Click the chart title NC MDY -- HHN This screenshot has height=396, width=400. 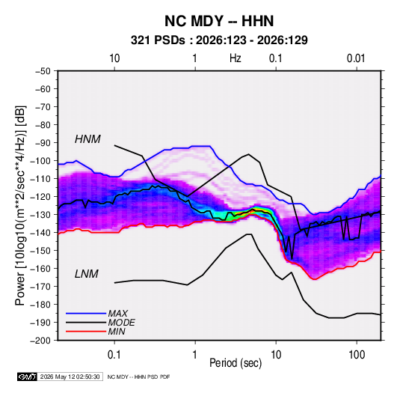click(x=219, y=21)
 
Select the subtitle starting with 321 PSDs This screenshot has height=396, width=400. click(x=219, y=40)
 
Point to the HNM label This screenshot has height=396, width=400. click(x=87, y=139)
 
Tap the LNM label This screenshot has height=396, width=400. click(x=87, y=274)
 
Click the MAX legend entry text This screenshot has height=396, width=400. click(x=117, y=314)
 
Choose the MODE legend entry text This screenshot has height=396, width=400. click(x=121, y=323)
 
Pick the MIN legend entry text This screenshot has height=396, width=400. click(x=117, y=332)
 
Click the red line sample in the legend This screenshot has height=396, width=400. click(x=86, y=332)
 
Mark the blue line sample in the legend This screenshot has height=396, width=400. click(x=86, y=314)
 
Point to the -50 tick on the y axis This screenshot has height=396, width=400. click(x=43, y=71)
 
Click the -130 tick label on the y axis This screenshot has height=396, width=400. click(x=40, y=215)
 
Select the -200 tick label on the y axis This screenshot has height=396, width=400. click(x=40, y=341)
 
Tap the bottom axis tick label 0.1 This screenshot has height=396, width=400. click(x=114, y=355)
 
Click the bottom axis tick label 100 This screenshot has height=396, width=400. click(x=357, y=355)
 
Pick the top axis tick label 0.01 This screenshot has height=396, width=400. click(x=356, y=58)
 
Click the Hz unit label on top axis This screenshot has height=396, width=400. click(x=236, y=58)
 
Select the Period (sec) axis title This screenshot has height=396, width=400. click(x=236, y=363)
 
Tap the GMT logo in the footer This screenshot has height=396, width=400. click(x=27, y=377)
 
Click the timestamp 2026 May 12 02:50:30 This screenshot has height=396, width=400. click(x=70, y=377)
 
